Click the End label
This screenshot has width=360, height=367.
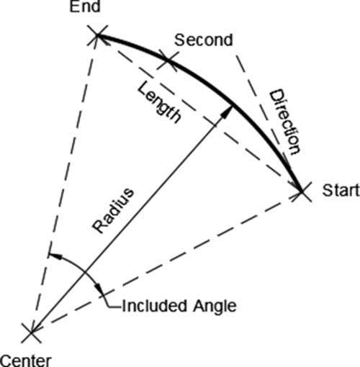click(x=85, y=6)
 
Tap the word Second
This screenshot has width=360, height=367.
click(x=204, y=40)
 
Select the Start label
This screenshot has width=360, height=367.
click(x=341, y=191)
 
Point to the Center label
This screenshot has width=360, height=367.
click(x=26, y=361)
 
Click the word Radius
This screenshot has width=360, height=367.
click(x=113, y=211)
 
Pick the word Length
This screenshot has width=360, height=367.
click(x=159, y=103)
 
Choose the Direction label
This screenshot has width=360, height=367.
click(x=285, y=122)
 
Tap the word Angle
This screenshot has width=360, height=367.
click(x=215, y=307)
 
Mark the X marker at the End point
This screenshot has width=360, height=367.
click(x=96, y=35)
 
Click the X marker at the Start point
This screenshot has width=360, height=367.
click(x=302, y=191)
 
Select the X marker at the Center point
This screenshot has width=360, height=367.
click(x=31, y=332)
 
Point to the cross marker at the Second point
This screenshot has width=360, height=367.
click(x=168, y=61)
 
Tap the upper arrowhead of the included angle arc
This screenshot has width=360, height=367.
click(x=55, y=255)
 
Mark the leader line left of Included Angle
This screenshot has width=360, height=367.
click(x=112, y=303)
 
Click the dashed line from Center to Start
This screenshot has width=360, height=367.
click(x=166, y=262)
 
